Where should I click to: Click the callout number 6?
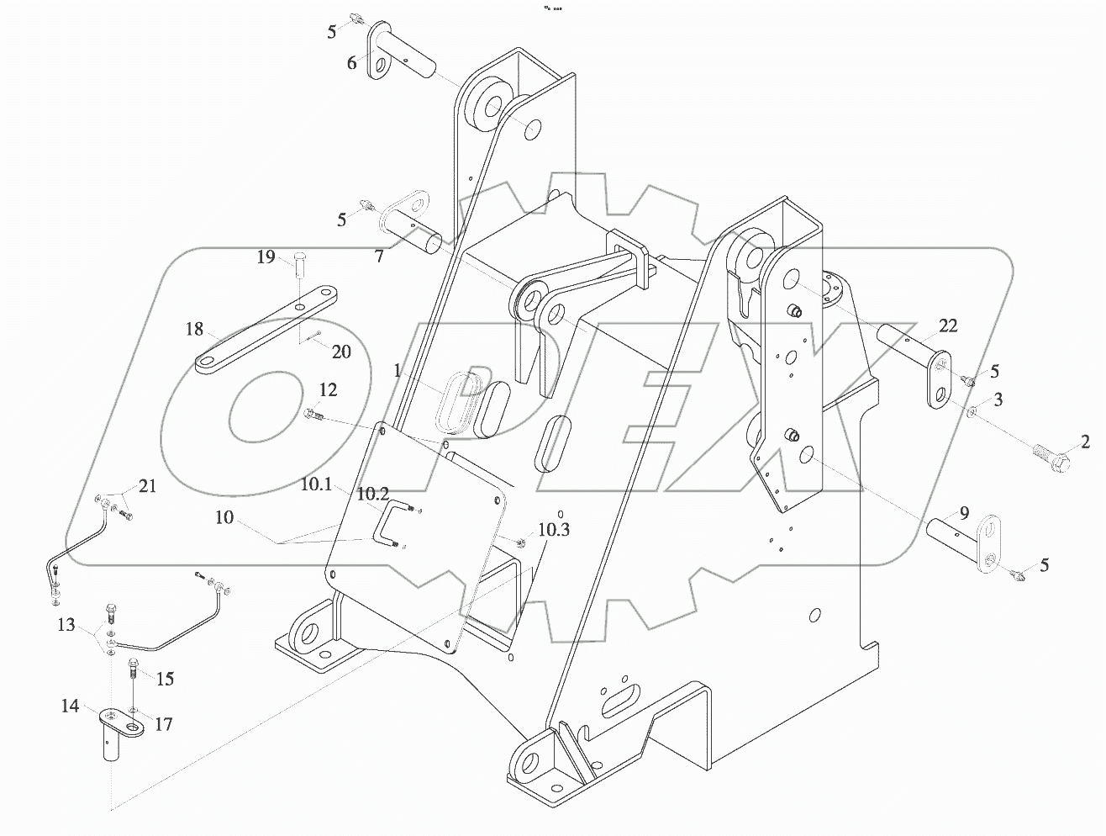point(351,62)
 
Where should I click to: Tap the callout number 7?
point(379,257)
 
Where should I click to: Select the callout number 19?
point(266,257)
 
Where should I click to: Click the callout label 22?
point(948,326)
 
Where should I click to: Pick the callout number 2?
point(1085,441)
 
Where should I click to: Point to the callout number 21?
point(148,485)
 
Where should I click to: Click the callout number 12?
point(328,389)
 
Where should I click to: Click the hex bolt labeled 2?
point(1050,459)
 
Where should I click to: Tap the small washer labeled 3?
point(972,412)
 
